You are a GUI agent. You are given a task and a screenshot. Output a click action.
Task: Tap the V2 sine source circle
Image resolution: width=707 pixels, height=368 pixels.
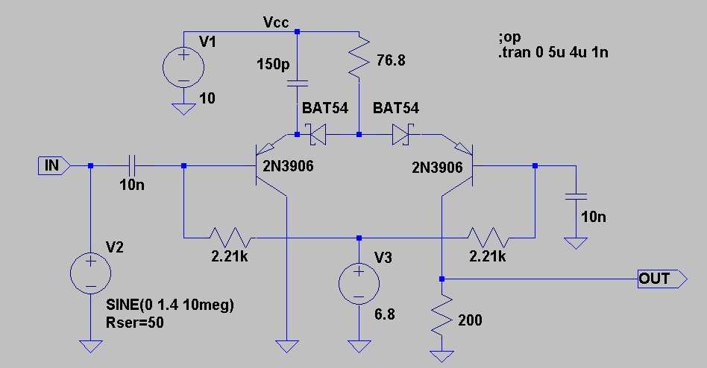point(91,273)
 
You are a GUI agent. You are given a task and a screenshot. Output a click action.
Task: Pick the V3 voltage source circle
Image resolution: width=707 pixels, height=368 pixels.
point(359,284)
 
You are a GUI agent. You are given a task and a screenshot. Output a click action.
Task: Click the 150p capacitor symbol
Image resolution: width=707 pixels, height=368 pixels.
point(297,83)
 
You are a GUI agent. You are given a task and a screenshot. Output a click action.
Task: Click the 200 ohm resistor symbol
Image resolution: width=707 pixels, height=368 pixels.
point(442,314)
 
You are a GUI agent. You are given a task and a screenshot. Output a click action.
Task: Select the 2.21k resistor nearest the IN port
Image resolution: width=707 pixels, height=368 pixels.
point(232,238)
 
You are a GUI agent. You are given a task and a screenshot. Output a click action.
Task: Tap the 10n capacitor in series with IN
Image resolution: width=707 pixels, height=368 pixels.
point(132,166)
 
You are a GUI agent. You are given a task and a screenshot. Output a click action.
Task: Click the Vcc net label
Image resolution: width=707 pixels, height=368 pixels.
point(275,22)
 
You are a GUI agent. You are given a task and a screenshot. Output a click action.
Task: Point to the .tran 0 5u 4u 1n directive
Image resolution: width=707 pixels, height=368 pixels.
point(553,53)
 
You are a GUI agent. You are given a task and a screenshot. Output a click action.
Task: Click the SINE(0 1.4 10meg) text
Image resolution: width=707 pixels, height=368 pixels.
point(170,305)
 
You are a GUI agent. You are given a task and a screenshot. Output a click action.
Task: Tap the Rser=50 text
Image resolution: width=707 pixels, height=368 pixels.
point(135,323)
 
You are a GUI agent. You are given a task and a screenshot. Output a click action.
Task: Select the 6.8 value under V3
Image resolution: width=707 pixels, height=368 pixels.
point(385,314)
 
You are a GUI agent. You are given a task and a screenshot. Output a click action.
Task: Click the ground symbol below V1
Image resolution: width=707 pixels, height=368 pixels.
point(183,110)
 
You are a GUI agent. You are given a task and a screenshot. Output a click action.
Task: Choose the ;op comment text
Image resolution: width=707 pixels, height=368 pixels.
point(509,37)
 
